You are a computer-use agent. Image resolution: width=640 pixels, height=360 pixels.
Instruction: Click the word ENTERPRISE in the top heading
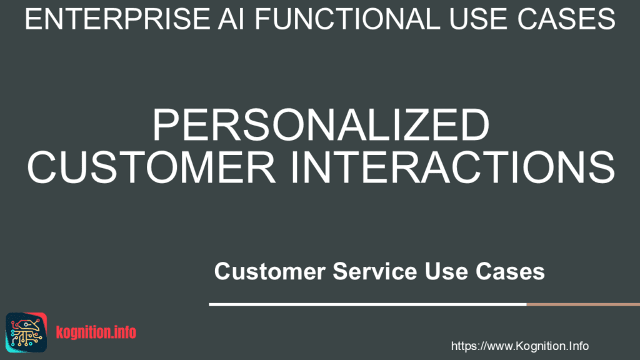coord(117,19)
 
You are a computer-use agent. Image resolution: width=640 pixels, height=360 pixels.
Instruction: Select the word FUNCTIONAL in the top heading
coord(347,19)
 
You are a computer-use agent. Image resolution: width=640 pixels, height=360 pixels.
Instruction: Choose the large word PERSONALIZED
coord(321,125)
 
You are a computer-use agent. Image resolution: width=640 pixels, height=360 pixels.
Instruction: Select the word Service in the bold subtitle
coord(375,271)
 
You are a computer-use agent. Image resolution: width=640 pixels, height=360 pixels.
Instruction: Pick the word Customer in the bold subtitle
coord(270,271)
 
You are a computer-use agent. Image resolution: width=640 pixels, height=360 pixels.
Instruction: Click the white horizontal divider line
coord(367,304)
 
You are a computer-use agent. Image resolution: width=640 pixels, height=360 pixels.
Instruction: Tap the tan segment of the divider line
coord(583,304)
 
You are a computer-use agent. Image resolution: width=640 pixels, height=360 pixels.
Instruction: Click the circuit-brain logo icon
coord(26,332)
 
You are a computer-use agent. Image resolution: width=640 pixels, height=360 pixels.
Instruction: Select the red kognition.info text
coord(96,332)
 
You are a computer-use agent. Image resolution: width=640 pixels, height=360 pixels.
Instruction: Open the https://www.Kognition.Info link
coord(519,346)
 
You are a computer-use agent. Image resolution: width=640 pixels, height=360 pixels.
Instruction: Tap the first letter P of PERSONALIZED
coord(166,125)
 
